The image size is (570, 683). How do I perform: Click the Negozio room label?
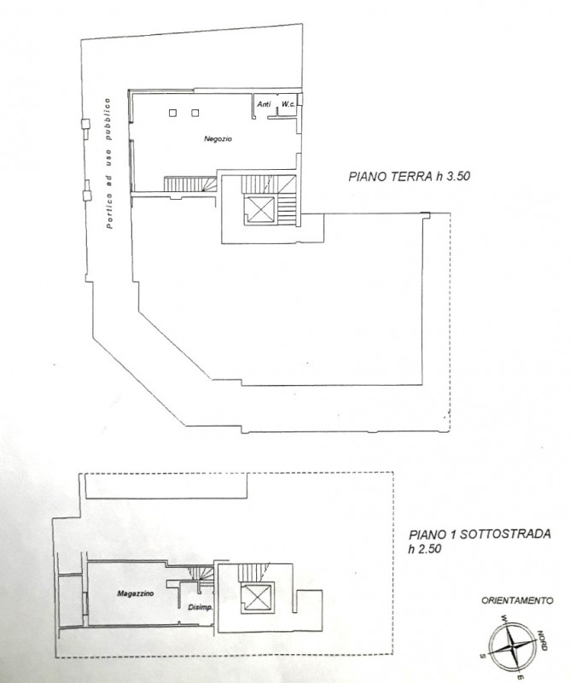pos(219,138)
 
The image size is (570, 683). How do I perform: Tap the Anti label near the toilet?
pos(264,105)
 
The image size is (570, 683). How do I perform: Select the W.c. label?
pos(288,105)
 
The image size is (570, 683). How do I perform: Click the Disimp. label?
pos(199,608)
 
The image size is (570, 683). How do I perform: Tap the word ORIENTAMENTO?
pos(517,600)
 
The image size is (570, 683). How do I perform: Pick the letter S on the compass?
pos(483,655)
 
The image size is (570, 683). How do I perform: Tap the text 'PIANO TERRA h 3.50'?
pos(410,178)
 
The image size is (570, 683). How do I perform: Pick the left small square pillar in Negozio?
pos(173,112)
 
